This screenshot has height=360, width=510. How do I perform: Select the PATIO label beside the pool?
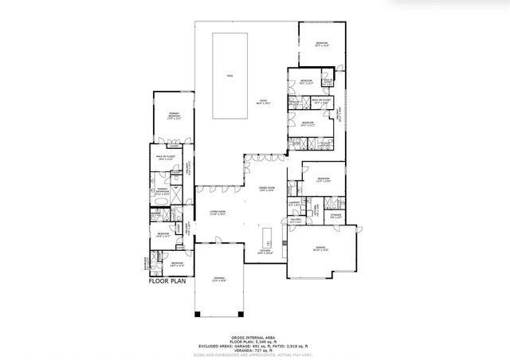click(x=257, y=102)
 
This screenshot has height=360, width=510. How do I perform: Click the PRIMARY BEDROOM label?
click(x=173, y=116)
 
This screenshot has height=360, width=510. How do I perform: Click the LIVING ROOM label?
click(x=218, y=211)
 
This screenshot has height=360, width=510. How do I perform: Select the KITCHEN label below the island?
click(x=265, y=251)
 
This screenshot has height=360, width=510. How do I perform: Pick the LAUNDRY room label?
click(x=293, y=203)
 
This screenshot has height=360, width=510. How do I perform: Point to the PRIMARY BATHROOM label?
click(x=161, y=191)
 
